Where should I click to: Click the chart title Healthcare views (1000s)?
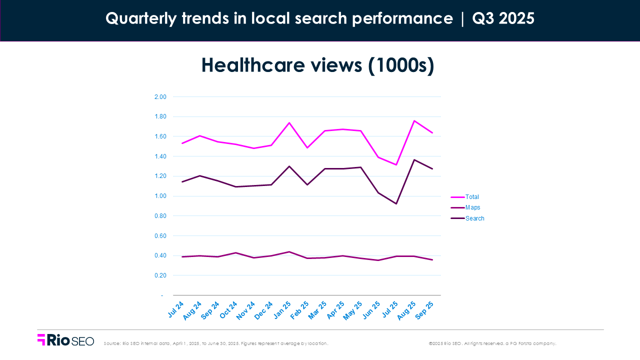pyautogui.click(x=317, y=66)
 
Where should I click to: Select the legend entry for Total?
pyautogui.click(x=472, y=197)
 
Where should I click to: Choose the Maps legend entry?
pyautogui.click(x=472, y=207)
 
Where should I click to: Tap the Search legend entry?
pyautogui.click(x=474, y=218)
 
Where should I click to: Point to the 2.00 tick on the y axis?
pyautogui.click(x=160, y=97)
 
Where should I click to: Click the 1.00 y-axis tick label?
pyautogui.click(x=160, y=196)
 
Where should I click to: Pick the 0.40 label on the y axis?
pyautogui.click(x=160, y=255)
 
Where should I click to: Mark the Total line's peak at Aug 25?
pyautogui.click(x=414, y=120)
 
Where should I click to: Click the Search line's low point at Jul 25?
pyautogui.click(x=396, y=203)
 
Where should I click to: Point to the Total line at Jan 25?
pyautogui.click(x=289, y=122)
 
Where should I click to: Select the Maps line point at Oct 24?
pyautogui.click(x=235, y=252)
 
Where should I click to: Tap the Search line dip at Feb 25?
pyautogui.click(x=307, y=185)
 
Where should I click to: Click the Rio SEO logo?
pyautogui.click(x=65, y=340)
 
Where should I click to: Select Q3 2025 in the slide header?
pyautogui.click(x=503, y=19)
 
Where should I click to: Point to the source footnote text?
pyautogui.click(x=215, y=343)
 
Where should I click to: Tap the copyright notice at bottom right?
pyautogui.click(x=492, y=343)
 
